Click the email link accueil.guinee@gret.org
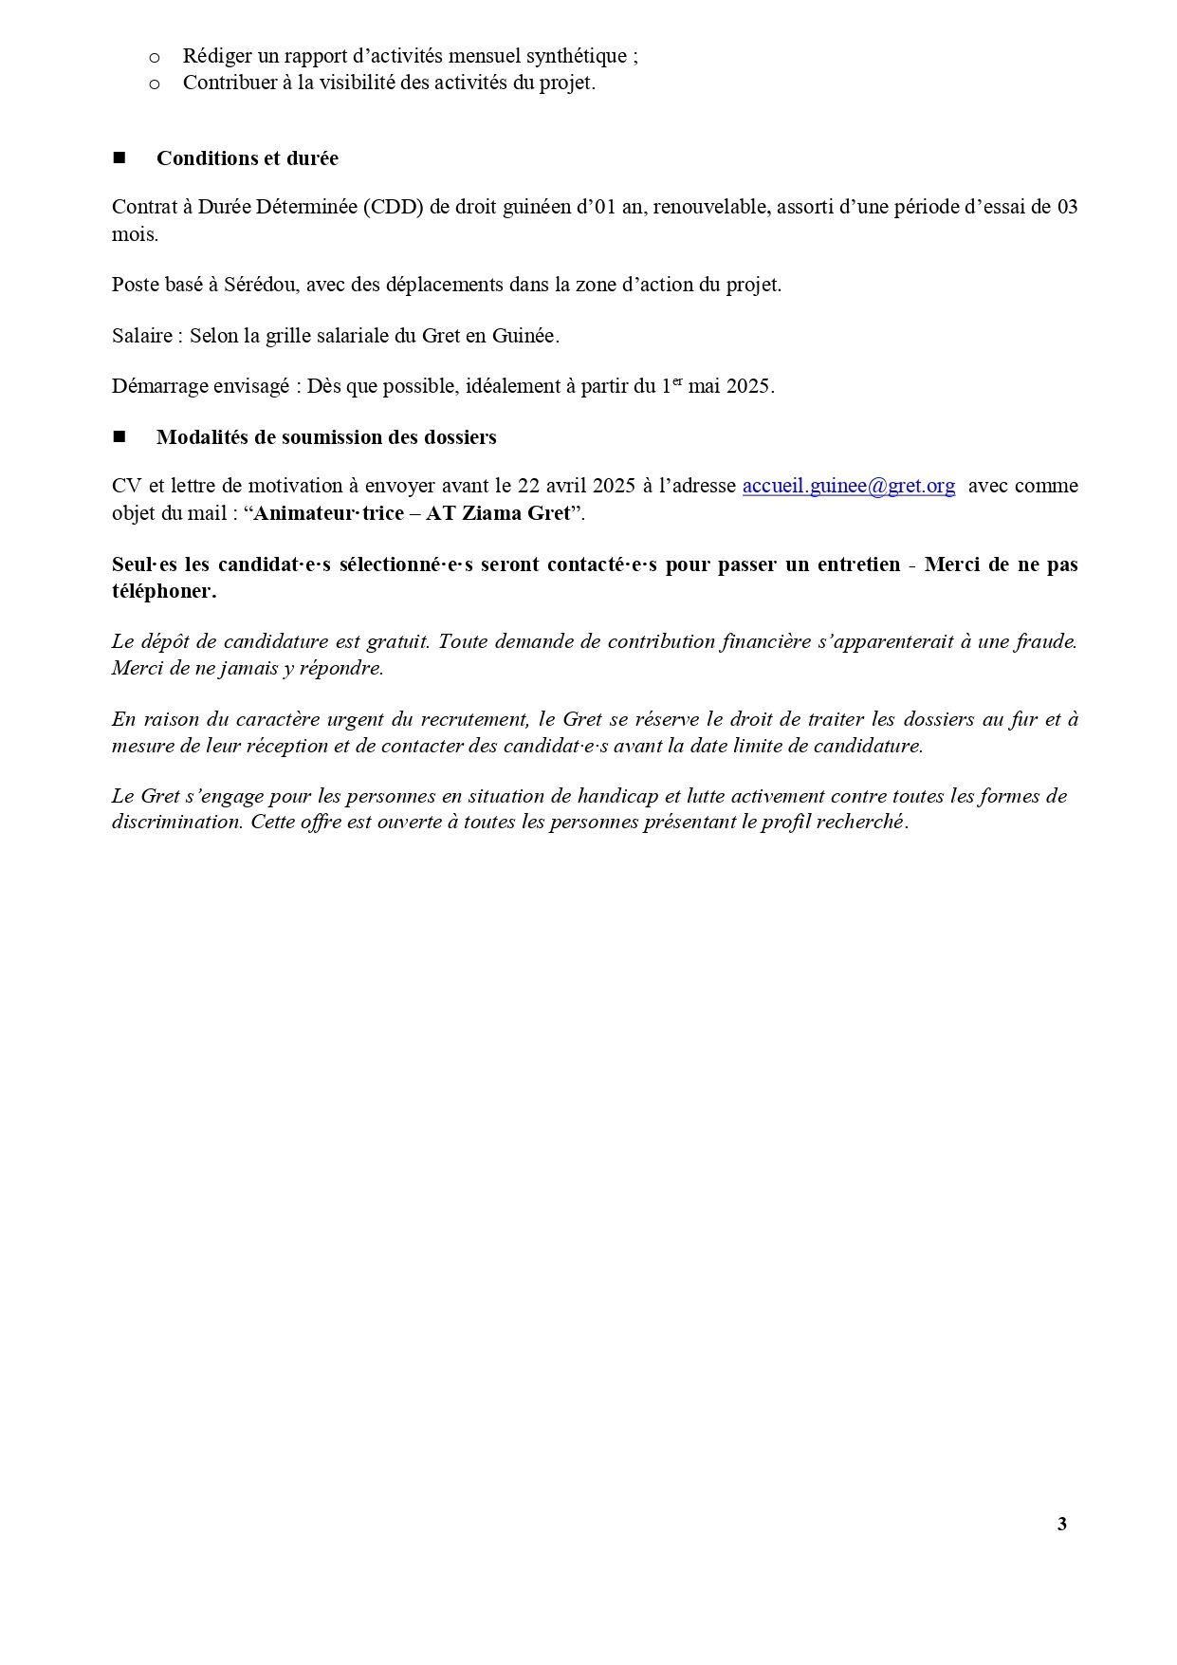(848, 486)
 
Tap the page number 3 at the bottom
(1061, 1524)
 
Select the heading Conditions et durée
(247, 158)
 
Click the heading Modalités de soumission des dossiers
(326, 437)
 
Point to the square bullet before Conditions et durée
(120, 157)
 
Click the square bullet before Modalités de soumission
(120, 436)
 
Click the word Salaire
(142, 336)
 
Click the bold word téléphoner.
(163, 591)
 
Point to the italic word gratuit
(398, 641)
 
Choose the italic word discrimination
(177, 823)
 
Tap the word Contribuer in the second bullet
(228, 83)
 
